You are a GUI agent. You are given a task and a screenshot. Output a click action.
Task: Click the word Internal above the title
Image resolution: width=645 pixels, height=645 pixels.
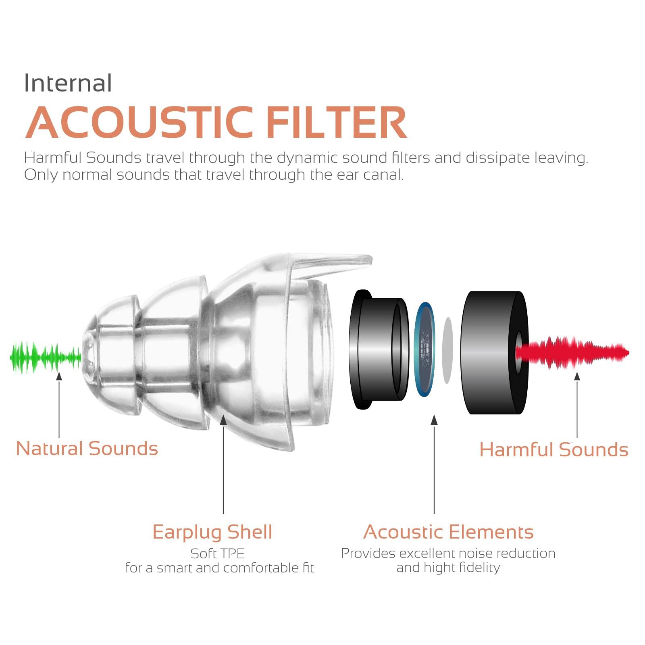(68, 83)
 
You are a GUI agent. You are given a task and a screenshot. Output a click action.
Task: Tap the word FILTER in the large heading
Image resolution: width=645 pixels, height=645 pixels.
(336, 122)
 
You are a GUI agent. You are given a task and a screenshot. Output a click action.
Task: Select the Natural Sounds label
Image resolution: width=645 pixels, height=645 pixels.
(87, 449)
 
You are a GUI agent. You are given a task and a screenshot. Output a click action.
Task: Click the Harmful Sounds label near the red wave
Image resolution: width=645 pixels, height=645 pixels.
(554, 449)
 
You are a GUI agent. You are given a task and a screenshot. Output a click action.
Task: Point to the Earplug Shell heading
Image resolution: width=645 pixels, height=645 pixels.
(212, 532)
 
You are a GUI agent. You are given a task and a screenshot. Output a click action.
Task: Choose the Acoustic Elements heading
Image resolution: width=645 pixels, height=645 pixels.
(448, 532)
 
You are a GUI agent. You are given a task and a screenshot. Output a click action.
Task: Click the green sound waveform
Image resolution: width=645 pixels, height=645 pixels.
(46, 358)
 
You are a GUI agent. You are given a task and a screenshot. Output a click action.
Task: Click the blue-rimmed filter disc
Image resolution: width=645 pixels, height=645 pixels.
(425, 349)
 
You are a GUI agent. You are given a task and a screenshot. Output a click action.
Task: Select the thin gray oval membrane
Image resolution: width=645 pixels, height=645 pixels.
(447, 350)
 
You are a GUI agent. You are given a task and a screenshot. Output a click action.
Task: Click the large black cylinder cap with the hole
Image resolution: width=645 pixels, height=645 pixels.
(495, 352)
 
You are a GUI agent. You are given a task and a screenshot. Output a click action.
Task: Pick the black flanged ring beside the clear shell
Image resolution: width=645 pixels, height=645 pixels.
(379, 349)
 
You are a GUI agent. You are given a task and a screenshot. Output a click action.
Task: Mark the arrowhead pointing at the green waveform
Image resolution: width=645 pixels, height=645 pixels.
(59, 376)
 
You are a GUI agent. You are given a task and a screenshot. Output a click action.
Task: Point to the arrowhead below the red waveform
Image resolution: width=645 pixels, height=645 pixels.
(577, 376)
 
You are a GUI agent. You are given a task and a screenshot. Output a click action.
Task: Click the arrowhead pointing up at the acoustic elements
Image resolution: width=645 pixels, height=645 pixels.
(434, 420)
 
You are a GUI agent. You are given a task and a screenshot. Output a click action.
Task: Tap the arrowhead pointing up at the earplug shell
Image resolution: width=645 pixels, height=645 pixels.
(223, 420)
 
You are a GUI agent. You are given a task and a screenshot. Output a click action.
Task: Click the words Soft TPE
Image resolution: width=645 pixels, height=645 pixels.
(217, 553)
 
